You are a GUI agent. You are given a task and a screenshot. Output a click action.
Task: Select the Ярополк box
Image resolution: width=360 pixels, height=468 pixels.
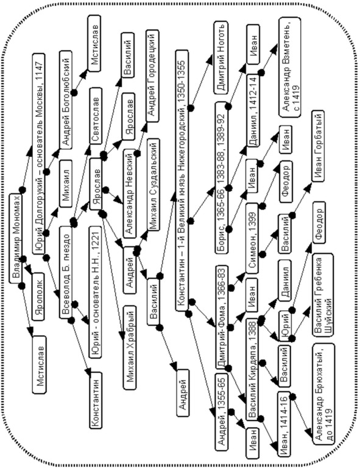pos(39,296)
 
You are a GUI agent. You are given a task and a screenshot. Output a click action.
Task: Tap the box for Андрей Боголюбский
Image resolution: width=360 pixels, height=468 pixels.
pos(65,99)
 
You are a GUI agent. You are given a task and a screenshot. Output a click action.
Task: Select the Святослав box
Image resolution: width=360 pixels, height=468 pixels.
pos(96,116)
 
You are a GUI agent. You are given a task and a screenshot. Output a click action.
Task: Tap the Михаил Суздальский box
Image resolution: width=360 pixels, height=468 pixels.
pos(153,185)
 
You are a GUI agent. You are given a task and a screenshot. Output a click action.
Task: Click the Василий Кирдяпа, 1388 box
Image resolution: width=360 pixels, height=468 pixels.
pos(253,369)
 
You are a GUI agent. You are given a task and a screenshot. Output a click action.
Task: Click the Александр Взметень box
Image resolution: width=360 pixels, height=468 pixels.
pos(290,68)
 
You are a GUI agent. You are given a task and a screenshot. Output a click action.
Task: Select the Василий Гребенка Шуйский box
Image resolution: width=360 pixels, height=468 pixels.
pos(322,295)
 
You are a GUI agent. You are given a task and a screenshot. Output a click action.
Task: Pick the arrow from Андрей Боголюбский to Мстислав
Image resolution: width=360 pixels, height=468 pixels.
pos(82,81)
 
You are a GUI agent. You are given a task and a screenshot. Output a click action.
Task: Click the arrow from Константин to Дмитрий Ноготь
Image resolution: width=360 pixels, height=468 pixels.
pos(202,83)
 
